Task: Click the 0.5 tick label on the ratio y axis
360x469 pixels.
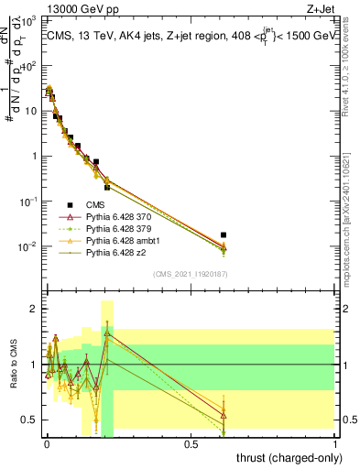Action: click(30, 420)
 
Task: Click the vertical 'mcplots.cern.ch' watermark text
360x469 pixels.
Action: click(350, 211)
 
